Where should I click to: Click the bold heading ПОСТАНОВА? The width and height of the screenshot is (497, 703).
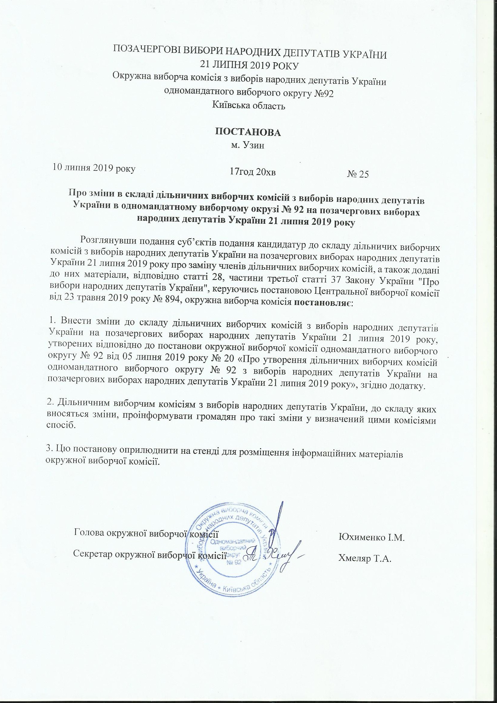248,132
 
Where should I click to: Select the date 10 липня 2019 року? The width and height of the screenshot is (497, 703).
95,167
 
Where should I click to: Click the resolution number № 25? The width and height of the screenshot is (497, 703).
358,174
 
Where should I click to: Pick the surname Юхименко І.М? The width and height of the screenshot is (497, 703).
371,538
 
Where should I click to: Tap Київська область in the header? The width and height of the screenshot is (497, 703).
248,106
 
